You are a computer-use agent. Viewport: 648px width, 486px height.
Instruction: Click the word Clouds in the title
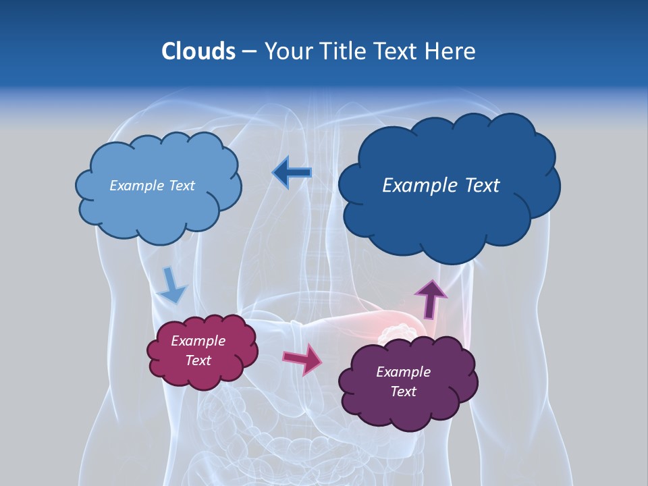pyautogui.click(x=198, y=51)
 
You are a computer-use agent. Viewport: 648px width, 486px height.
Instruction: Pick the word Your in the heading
pyautogui.click(x=288, y=51)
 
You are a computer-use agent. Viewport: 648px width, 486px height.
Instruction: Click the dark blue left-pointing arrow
pyautogui.click(x=292, y=173)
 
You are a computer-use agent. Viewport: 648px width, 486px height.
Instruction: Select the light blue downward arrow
pyautogui.click(x=172, y=285)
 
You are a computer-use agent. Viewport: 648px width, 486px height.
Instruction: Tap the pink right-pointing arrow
pyautogui.click(x=302, y=358)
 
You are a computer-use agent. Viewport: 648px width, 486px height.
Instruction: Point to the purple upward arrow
pyautogui.click(x=430, y=298)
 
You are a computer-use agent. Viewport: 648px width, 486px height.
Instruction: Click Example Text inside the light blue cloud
pyautogui.click(x=152, y=186)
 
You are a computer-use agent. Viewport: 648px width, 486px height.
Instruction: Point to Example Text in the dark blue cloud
pyautogui.click(x=441, y=186)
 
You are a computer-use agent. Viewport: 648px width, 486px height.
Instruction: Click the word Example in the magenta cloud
pyautogui.click(x=198, y=341)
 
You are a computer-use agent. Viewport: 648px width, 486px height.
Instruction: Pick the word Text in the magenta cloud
pyautogui.click(x=198, y=360)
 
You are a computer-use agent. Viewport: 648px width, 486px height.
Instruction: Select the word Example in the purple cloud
pyautogui.click(x=403, y=372)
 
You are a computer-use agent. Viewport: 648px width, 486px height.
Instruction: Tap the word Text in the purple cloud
pyautogui.click(x=404, y=391)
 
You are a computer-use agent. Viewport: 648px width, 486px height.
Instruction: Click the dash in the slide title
pyautogui.click(x=249, y=52)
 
